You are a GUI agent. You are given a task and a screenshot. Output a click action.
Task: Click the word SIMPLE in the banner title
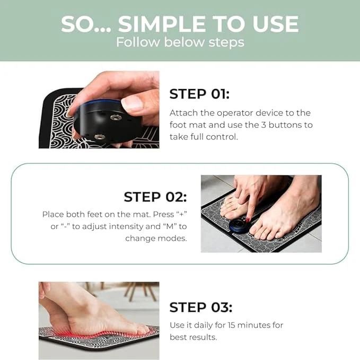(x=162, y=24)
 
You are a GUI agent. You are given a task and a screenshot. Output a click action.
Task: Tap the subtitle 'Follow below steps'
(x=180, y=42)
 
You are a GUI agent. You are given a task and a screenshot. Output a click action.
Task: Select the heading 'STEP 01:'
(x=199, y=94)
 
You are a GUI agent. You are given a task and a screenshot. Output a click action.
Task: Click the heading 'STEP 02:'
(x=155, y=197)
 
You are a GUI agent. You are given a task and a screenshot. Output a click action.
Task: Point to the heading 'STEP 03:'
(x=200, y=307)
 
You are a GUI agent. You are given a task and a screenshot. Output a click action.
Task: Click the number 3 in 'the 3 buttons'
(x=264, y=125)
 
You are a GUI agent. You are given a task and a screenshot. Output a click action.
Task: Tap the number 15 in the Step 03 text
(x=231, y=325)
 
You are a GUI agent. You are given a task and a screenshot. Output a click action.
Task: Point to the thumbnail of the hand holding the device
(x=99, y=110)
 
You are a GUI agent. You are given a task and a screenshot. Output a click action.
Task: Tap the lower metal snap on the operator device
(x=100, y=137)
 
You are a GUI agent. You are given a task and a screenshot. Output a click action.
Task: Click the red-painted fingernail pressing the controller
(x=248, y=220)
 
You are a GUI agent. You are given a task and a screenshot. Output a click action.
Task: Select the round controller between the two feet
(x=239, y=225)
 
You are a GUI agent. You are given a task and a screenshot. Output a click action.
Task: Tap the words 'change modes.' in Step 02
(x=156, y=239)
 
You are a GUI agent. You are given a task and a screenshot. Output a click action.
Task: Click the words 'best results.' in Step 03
(x=194, y=337)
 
